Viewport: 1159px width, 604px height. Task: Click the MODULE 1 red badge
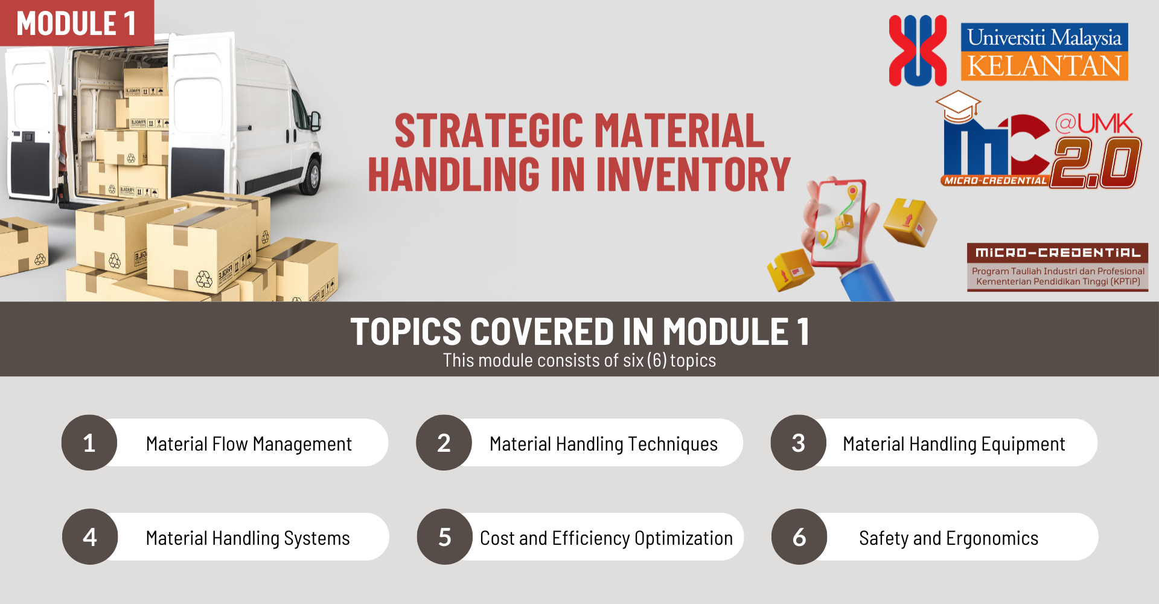click(77, 23)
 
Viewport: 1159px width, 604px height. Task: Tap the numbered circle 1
click(89, 443)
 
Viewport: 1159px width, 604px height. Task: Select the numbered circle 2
click(444, 443)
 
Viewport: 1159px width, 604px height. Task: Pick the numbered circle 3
click(798, 443)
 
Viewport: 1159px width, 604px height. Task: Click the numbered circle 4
click(90, 537)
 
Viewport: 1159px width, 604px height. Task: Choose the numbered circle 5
click(445, 537)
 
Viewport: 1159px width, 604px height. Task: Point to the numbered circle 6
click(799, 537)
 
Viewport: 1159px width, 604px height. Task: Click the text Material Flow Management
click(249, 444)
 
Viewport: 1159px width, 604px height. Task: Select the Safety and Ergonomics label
click(948, 538)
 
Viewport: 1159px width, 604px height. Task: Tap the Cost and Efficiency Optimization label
click(606, 538)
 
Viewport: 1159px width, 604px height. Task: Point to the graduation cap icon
click(958, 106)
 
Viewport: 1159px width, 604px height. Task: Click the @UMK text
click(1094, 124)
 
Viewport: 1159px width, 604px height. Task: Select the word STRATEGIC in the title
click(490, 131)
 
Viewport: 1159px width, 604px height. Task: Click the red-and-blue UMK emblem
click(918, 51)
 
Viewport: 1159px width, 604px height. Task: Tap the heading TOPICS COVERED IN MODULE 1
click(579, 332)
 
